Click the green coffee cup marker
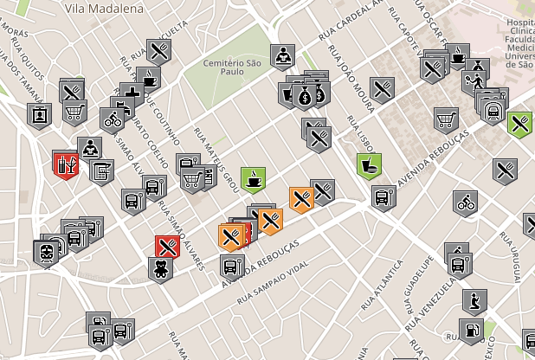coord(253,179)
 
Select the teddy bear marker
coord(160,267)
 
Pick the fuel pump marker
coord(471,330)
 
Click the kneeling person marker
coord(474,301)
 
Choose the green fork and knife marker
coord(519,124)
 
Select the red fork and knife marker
coord(167,247)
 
